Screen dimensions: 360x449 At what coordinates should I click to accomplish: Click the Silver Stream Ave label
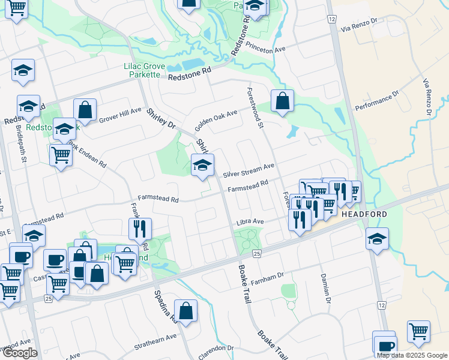tap(249, 170)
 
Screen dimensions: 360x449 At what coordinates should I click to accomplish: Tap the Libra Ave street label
tap(250, 221)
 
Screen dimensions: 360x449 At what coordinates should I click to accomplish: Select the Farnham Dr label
tap(267, 278)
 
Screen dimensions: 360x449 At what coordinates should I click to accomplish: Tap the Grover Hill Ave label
tap(119, 115)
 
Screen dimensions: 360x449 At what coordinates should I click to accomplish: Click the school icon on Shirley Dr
tap(202, 165)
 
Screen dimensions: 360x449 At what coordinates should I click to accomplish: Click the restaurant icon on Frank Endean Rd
tap(140, 229)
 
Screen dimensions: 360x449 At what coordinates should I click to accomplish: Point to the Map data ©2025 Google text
tap(412, 355)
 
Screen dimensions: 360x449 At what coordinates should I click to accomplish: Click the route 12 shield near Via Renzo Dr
tap(331, 19)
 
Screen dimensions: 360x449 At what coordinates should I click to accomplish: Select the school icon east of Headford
tap(377, 239)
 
